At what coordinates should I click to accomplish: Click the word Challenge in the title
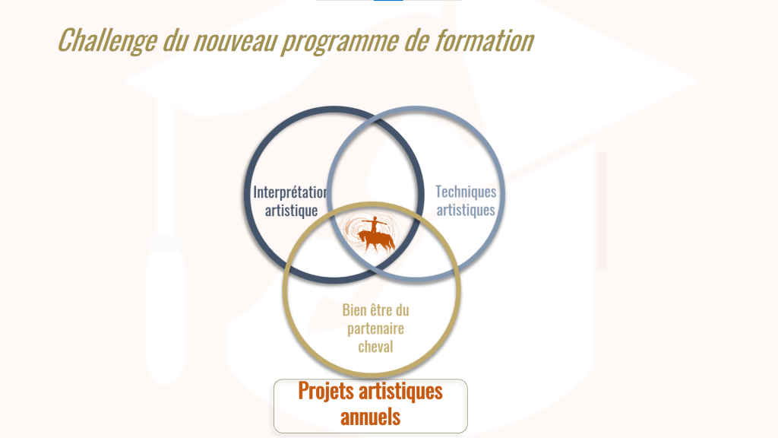tap(107, 40)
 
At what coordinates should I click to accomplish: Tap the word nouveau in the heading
tap(235, 41)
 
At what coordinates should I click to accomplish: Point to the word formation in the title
tap(484, 40)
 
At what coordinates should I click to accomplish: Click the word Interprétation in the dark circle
tap(289, 192)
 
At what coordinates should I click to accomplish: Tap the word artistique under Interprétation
tap(291, 211)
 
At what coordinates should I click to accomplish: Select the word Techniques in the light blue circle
tap(466, 192)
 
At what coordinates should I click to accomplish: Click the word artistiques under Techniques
tap(466, 210)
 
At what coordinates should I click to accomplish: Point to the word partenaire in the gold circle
tap(375, 328)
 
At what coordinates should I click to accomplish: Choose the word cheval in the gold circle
tap(375, 347)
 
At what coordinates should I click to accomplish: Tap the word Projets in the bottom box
tap(326, 392)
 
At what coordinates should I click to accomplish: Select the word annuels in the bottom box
tap(370, 417)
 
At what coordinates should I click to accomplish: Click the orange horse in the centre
tap(377, 241)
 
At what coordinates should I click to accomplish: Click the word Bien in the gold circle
tap(354, 310)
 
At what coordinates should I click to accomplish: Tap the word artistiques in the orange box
tap(400, 392)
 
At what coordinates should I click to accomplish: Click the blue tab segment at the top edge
tap(388, 1)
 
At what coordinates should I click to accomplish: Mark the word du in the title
tap(176, 41)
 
